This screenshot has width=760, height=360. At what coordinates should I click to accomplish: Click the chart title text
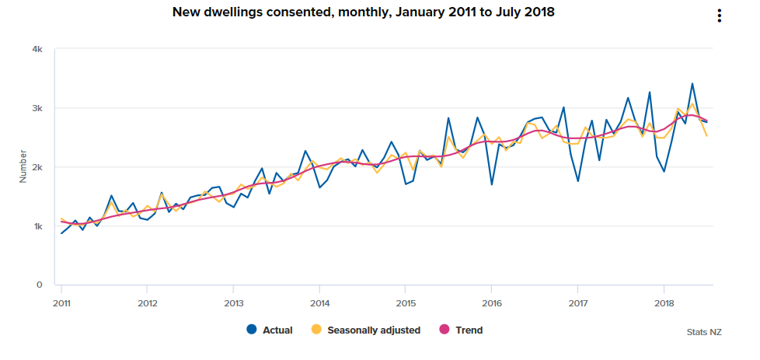pyautogui.click(x=364, y=12)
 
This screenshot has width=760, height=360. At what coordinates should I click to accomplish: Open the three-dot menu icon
pyautogui.click(x=720, y=16)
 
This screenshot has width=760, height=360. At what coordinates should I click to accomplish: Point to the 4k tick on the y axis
pyautogui.click(x=37, y=49)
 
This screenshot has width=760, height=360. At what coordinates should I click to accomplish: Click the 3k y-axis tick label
pyautogui.click(x=37, y=108)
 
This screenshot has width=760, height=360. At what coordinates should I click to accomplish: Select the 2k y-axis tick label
pyautogui.click(x=37, y=167)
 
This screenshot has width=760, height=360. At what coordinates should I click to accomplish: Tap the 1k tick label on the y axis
pyautogui.click(x=37, y=226)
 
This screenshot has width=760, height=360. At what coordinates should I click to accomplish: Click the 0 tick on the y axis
pyautogui.click(x=39, y=285)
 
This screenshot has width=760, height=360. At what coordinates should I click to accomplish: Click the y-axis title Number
pyautogui.click(x=23, y=167)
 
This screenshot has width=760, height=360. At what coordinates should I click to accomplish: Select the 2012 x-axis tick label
pyautogui.click(x=148, y=302)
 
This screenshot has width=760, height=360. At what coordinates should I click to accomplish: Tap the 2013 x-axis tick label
pyautogui.click(x=234, y=302)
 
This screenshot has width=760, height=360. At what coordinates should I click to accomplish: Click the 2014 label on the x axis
pyautogui.click(x=319, y=302)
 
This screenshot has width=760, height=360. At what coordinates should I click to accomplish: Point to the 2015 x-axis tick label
pyautogui.click(x=406, y=302)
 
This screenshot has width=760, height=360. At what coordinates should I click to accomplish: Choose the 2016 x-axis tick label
pyautogui.click(x=491, y=302)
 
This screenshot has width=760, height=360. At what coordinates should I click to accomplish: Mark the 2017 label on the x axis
pyautogui.click(x=577, y=302)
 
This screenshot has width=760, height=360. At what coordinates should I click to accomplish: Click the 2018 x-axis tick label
pyautogui.click(x=664, y=302)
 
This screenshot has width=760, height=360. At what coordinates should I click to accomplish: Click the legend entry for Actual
pyautogui.click(x=269, y=330)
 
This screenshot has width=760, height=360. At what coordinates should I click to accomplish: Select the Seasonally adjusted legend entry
pyautogui.click(x=365, y=330)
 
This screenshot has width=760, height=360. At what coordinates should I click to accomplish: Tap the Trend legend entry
pyautogui.click(x=461, y=330)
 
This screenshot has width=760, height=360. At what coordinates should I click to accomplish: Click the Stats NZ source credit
pyautogui.click(x=704, y=332)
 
